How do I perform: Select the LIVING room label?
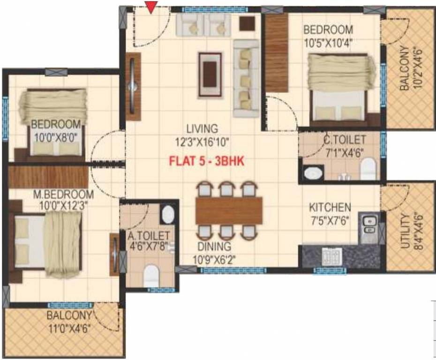click(x=202, y=128)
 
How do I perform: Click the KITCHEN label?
click(x=330, y=207)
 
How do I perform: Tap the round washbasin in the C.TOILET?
click(x=312, y=174)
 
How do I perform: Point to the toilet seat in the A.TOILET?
click(x=151, y=276)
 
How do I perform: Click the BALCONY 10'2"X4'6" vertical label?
click(x=406, y=67)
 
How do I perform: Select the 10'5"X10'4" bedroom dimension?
click(x=328, y=43)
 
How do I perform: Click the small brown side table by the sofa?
click(x=247, y=22)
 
